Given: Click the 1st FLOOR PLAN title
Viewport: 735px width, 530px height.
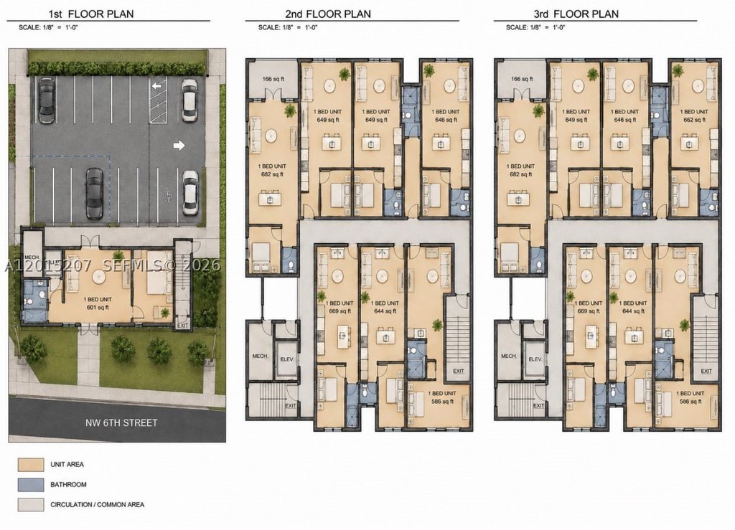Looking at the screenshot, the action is [x=91, y=14].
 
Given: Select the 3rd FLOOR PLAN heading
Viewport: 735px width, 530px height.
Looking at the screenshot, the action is [x=576, y=14].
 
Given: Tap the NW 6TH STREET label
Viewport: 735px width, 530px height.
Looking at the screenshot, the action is [x=121, y=423].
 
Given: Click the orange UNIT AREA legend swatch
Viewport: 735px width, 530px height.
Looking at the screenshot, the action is [x=31, y=465].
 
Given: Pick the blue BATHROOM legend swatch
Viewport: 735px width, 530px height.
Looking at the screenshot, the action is [x=31, y=485].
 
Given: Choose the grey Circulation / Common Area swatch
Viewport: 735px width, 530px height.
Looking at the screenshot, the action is [x=31, y=505].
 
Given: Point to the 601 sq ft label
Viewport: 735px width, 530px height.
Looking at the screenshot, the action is [x=98, y=308].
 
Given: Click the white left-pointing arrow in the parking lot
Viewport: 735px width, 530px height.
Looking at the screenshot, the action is [x=157, y=86].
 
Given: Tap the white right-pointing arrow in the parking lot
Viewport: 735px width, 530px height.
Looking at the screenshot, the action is [x=179, y=146].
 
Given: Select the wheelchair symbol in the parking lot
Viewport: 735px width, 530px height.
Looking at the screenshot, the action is [x=166, y=193].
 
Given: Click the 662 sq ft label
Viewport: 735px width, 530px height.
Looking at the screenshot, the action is [x=694, y=120].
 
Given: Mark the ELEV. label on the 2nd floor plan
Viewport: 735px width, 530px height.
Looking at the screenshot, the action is [x=287, y=359].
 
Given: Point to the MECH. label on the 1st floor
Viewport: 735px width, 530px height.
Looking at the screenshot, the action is [x=32, y=257].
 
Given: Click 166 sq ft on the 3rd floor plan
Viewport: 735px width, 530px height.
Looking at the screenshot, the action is [x=522, y=79].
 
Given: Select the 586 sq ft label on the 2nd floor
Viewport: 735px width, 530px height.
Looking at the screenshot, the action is [x=442, y=401].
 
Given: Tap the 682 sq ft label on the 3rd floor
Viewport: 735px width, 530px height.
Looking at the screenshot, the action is [x=520, y=174].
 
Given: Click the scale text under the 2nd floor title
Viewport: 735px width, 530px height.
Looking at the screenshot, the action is [x=288, y=27].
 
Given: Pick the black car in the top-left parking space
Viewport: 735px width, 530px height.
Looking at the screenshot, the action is [x=47, y=100].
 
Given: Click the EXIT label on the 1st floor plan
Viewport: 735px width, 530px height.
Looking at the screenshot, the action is [x=183, y=325].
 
